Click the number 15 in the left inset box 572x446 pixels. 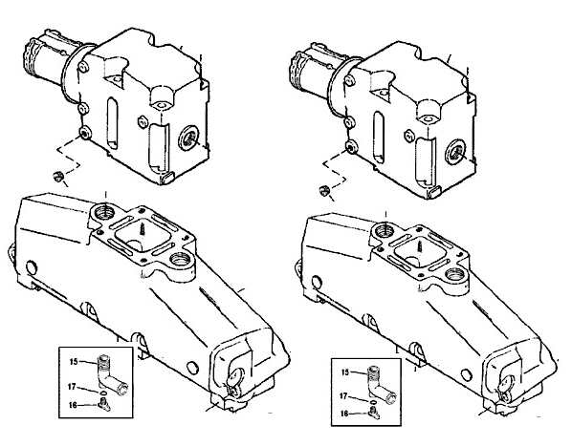click(74, 362)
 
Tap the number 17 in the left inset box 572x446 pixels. click(73, 387)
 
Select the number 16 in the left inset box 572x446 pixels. click(73, 405)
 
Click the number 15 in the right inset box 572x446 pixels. click(345, 372)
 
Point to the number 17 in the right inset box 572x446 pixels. click(343, 395)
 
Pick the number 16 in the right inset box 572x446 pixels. click(344, 414)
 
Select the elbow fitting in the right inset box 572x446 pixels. click(380, 384)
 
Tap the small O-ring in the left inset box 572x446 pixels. click(102, 393)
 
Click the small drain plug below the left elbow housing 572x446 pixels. click(57, 176)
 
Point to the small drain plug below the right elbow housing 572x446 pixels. click(324, 190)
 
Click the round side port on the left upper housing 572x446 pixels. click(188, 138)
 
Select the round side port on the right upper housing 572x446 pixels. click(455, 152)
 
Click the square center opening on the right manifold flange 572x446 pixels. click(421, 251)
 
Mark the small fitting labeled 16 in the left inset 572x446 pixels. click(103, 404)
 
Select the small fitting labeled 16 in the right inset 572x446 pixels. click(375, 413)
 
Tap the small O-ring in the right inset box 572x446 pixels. click(373, 401)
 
